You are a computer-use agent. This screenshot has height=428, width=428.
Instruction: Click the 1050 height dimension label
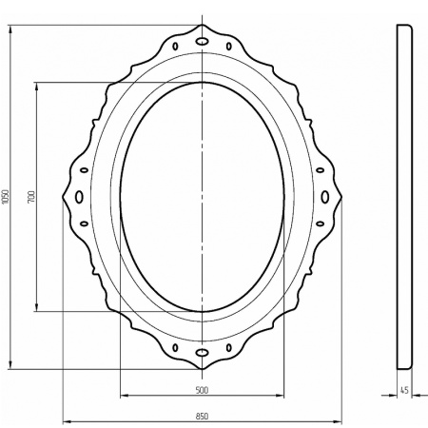(x=5, y=196)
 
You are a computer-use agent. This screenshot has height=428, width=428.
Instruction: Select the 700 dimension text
(x=31, y=196)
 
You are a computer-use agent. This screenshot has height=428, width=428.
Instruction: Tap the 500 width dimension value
(x=202, y=390)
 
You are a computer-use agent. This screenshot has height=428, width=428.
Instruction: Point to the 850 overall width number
(x=202, y=415)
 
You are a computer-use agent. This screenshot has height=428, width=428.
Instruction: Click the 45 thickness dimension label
(x=404, y=390)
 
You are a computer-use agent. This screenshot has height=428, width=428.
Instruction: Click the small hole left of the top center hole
(x=179, y=47)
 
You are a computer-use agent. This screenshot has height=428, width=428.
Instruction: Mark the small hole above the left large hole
(x=84, y=169)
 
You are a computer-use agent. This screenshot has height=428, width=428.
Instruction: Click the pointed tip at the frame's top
(x=203, y=25)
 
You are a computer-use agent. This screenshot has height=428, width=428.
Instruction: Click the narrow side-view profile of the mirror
(x=403, y=196)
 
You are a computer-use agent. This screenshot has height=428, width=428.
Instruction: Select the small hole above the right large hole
(x=321, y=169)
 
